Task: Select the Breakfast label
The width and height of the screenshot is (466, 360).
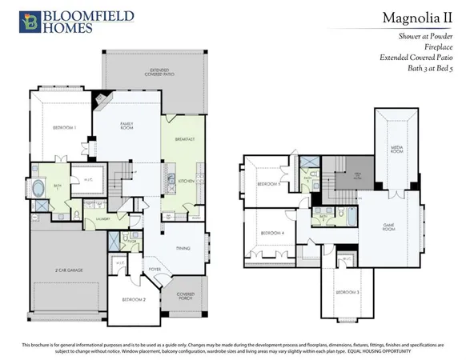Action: click(x=185, y=139)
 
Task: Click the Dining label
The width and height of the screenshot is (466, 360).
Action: click(x=183, y=249)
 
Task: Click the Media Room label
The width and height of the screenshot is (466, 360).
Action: click(x=396, y=149)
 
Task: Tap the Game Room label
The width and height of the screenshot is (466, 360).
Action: click(x=389, y=225)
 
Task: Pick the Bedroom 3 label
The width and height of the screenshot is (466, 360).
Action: click(x=347, y=292)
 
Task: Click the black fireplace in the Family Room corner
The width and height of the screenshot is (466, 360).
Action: click(x=99, y=101)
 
